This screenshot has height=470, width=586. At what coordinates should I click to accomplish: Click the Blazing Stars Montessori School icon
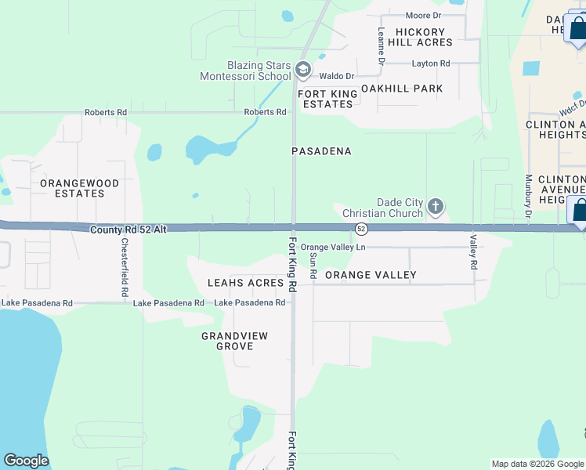pyautogui.click(x=303, y=71)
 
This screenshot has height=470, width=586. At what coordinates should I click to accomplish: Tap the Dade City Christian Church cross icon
pyautogui.click(x=436, y=208)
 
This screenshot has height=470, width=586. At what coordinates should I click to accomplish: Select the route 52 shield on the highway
pyautogui.click(x=360, y=229)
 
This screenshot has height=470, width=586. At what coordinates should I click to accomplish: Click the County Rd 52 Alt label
pyautogui.click(x=128, y=230)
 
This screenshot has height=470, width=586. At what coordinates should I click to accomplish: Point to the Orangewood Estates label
pyautogui.click(x=80, y=188)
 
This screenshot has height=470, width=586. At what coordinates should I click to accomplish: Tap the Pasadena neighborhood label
pyautogui.click(x=321, y=150)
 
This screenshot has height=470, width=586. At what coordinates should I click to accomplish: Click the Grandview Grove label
pyautogui.click(x=235, y=341)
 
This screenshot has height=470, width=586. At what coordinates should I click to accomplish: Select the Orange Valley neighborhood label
pyautogui.click(x=371, y=275)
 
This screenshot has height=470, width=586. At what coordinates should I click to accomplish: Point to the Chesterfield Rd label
pyautogui.click(x=125, y=267)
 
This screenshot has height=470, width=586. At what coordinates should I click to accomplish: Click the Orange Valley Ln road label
pyautogui.click(x=333, y=248)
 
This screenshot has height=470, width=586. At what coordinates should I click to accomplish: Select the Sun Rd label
pyautogui.click(x=313, y=266)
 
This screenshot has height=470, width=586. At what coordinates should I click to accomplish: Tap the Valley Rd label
pyautogui.click(x=473, y=252)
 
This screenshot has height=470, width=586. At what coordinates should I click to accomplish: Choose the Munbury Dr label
pyautogui.click(x=529, y=197)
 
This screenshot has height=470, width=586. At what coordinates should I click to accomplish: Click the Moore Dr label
pyautogui.click(x=424, y=16)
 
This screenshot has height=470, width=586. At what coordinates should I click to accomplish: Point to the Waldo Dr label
pyautogui.click(x=337, y=76)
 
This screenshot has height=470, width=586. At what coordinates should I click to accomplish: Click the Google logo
pyautogui.click(x=26, y=461)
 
